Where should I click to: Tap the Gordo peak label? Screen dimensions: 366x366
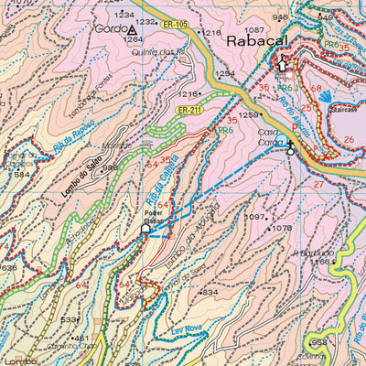(107, 29)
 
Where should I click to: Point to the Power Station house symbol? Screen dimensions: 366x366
(145, 229)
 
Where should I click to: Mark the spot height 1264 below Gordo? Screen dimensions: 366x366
(133, 40)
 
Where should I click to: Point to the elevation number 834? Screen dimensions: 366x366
(210, 292)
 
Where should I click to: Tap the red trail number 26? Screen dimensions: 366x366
(349, 139)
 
